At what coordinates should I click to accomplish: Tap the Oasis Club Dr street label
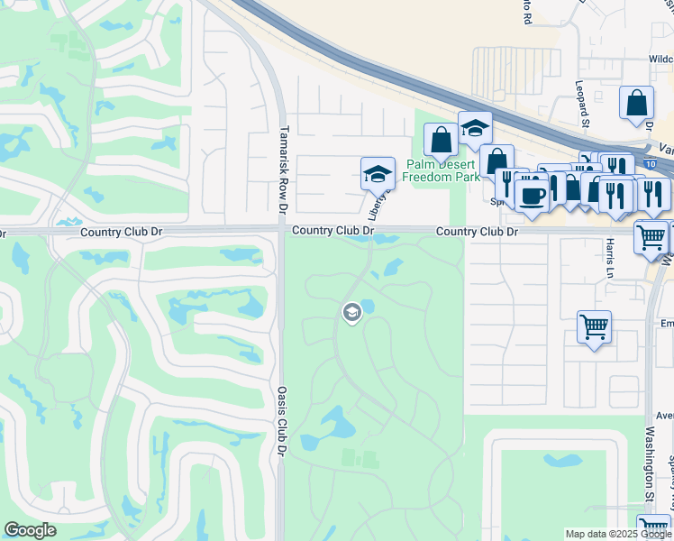point(283,420)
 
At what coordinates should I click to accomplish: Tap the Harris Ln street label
point(610,257)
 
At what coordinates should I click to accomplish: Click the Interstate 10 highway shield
point(668,167)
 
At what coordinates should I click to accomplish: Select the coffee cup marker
point(533,196)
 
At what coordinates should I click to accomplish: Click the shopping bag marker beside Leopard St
point(636,103)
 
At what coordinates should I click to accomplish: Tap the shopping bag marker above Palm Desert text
point(442,141)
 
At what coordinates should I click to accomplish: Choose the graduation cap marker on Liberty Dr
point(378,174)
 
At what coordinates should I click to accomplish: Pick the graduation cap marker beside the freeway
point(475,129)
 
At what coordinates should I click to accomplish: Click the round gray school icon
point(351,312)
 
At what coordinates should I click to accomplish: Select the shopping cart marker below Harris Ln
point(594,327)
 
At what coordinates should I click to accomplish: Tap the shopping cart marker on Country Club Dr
point(651,237)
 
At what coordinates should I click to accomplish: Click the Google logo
point(30,530)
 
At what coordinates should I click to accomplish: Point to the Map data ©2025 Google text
point(618,534)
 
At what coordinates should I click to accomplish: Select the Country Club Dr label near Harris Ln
point(478,232)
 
